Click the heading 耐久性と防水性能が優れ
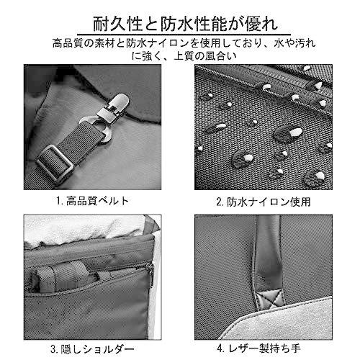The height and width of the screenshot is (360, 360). point(186,24)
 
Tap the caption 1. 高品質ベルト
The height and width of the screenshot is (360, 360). point(93,201)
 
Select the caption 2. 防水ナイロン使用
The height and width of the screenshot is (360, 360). point(264,202)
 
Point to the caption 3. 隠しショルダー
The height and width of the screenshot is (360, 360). point(92,349)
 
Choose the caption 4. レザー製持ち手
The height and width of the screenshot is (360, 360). point(258,348)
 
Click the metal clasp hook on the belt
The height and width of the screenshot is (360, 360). point(114,107)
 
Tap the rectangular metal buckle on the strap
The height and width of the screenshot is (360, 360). point(55,163)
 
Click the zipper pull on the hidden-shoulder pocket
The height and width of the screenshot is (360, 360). point(151,274)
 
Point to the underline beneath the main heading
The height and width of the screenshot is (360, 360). point(184,35)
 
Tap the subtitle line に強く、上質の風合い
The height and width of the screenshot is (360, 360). point(184,56)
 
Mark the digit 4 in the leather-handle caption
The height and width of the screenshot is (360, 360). point(220,348)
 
